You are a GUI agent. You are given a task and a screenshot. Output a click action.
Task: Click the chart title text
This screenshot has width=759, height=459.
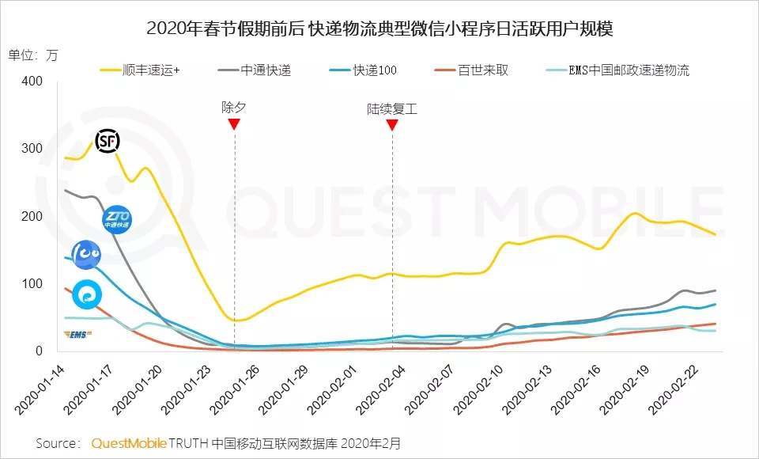click(379, 29)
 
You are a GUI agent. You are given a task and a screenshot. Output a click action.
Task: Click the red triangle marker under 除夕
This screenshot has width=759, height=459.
click(234, 124)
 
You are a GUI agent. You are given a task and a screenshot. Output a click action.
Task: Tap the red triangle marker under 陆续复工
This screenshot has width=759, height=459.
click(391, 124)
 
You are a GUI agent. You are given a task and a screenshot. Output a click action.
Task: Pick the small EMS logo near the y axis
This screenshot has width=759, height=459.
click(77, 334)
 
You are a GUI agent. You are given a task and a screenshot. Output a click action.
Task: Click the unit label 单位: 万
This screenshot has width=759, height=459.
click(33, 55)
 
